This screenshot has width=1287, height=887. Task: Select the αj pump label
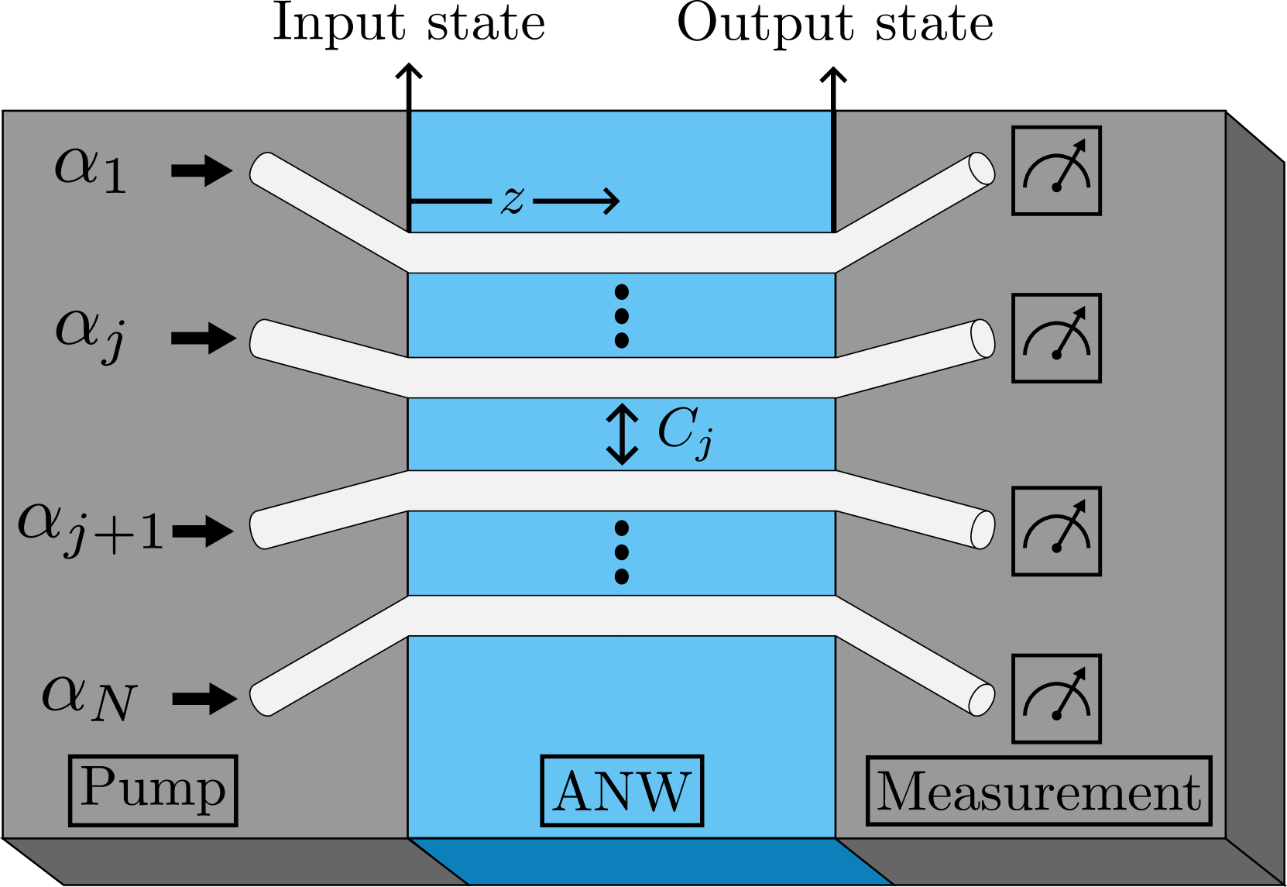coord(90,334)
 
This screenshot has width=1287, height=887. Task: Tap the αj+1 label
coord(91,528)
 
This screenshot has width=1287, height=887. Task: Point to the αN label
coord(89,696)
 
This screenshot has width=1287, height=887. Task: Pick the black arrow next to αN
coord(204,699)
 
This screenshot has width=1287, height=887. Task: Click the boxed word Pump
coord(153,790)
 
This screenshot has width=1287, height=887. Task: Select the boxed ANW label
coord(622,791)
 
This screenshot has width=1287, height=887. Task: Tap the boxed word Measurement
coord(1038,791)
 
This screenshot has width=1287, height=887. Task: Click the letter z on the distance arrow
coord(512,200)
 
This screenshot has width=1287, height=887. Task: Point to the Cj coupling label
coord(685,432)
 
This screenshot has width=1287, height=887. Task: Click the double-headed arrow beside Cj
coord(622,434)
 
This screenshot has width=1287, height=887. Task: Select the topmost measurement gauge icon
coord(1056,170)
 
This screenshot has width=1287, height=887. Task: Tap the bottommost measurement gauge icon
coord(1056,699)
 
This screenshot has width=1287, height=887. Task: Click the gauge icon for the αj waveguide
coord(1056,338)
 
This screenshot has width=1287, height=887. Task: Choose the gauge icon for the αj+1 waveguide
coord(1056,531)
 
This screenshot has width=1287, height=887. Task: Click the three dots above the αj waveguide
coord(621,316)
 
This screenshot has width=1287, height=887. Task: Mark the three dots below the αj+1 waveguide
coord(621,552)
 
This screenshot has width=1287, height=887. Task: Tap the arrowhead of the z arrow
coord(613,201)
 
